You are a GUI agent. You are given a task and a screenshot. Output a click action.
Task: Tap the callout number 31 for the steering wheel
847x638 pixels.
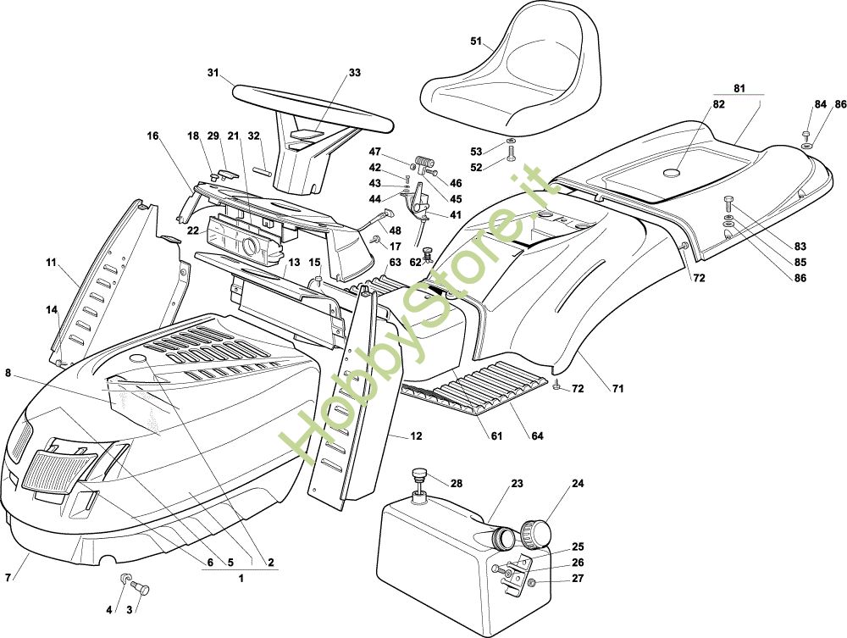pos(213,73)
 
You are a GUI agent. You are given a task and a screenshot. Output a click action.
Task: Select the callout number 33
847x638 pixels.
pos(354,73)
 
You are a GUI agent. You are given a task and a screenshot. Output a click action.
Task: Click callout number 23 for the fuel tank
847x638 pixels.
pos(518,485)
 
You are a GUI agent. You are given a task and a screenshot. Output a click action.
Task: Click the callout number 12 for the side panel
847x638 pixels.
pos(416,436)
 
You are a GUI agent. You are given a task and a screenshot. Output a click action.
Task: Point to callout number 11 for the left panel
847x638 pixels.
pos(51,263)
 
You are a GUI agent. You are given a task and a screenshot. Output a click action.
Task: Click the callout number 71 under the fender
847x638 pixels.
pos(618,388)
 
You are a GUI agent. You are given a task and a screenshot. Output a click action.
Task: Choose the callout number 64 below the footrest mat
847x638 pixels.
pos(537,436)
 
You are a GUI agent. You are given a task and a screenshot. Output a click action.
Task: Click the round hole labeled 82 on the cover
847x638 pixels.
pos(672,173)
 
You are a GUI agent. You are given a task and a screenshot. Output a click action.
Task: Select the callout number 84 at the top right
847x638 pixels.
pos(820,104)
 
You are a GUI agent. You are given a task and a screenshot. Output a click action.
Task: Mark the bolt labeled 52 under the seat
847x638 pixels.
pos(512,153)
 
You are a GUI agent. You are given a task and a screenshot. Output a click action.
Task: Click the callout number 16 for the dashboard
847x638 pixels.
pos(152,136)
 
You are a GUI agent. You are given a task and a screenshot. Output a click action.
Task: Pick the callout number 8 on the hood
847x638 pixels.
pos(8,372)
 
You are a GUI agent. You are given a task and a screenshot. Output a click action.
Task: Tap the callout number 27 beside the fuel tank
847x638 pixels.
pos(578,579)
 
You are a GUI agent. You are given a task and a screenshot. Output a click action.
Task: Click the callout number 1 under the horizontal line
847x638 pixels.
pos(241,579)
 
